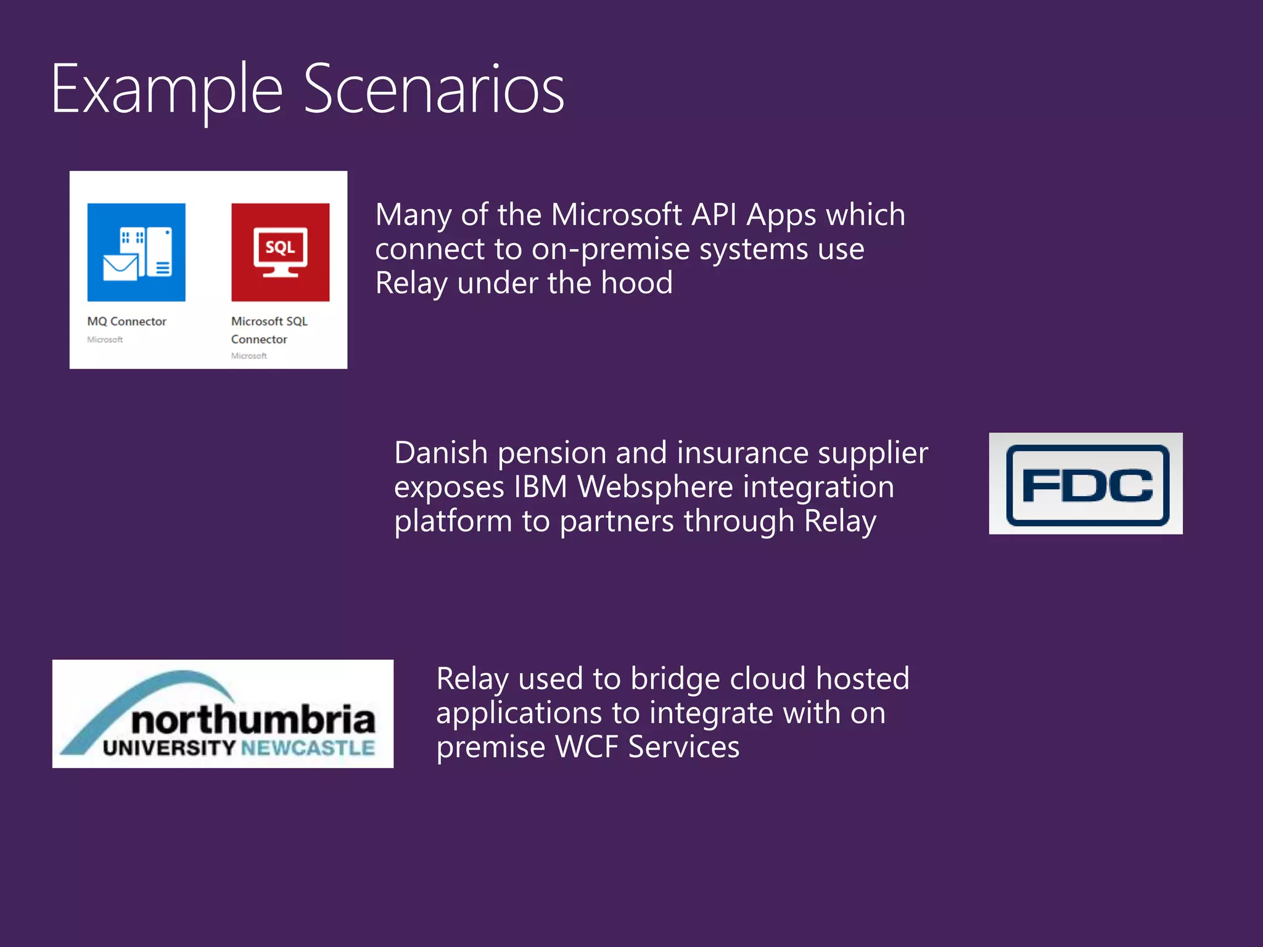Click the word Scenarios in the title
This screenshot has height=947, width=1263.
click(434, 90)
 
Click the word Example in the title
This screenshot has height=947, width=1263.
click(167, 90)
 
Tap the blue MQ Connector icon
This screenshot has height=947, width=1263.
click(136, 252)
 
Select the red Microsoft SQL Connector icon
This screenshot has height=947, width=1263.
click(280, 252)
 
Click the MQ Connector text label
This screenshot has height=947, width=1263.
click(126, 321)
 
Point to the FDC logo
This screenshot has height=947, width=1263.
click(1087, 484)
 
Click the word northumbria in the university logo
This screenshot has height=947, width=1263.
click(253, 719)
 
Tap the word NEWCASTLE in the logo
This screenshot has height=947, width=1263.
click(308, 748)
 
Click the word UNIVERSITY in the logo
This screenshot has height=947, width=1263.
click(169, 748)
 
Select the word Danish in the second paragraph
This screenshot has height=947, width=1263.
click(441, 453)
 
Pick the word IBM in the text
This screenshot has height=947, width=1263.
click(540, 487)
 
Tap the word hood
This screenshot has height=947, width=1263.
click(636, 284)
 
